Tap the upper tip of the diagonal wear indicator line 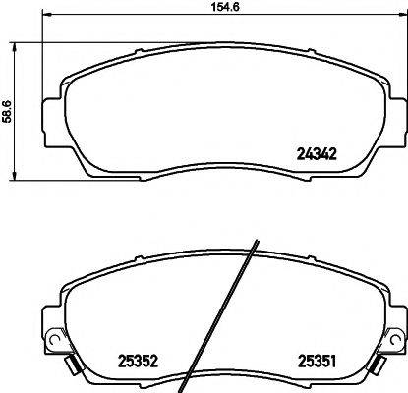click(255, 243)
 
